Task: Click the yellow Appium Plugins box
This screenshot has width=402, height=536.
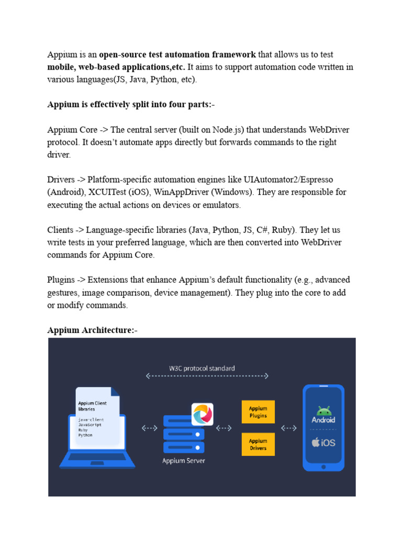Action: point(258,412)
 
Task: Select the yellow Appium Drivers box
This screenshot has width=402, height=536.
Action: point(258,444)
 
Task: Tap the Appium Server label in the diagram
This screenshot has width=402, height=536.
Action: point(183,461)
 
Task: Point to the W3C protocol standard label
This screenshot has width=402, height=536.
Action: point(202,368)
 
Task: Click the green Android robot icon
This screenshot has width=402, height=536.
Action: point(323,410)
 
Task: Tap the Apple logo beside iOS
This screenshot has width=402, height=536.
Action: point(316,442)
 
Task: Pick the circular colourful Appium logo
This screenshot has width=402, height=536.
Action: point(202,415)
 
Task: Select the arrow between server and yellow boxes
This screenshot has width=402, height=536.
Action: point(224,428)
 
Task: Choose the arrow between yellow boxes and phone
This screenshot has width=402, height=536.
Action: point(289,428)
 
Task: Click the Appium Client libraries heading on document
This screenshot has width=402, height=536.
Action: point(94,406)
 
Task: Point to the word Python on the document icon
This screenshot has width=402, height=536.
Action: point(85,435)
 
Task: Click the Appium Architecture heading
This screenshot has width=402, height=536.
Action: point(91,330)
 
